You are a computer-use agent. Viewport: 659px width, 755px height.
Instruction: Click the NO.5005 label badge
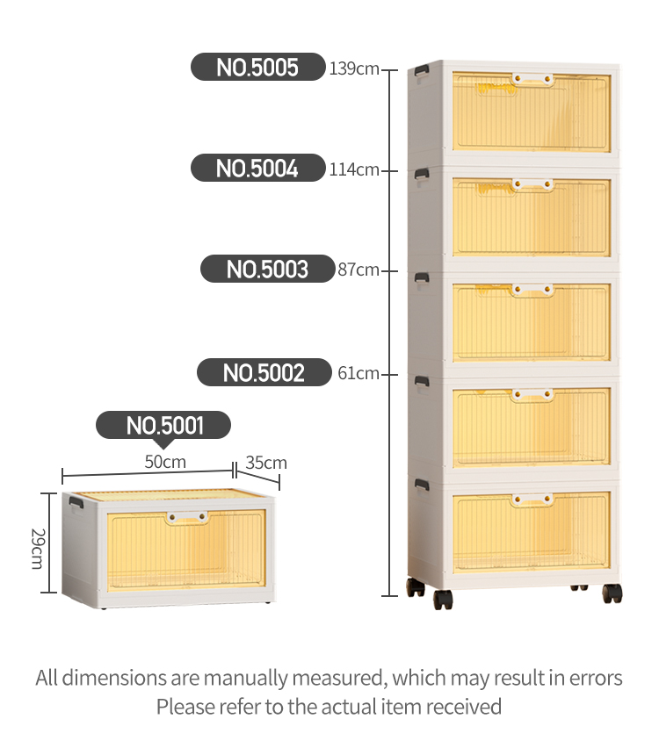[x=258, y=68]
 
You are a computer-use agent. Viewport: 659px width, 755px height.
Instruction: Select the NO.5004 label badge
[x=258, y=169]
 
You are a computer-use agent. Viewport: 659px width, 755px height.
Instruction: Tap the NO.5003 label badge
[x=268, y=270]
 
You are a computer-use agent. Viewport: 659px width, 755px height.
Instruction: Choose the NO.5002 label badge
[x=264, y=373]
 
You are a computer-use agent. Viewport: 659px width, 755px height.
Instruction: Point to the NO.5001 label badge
[x=163, y=426]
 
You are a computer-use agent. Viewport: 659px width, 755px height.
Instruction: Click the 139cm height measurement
[x=354, y=68]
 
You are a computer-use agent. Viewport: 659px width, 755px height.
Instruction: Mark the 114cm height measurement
[x=354, y=169]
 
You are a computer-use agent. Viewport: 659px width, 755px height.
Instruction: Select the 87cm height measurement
[x=358, y=270]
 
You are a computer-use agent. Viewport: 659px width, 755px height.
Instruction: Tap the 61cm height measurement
[x=358, y=373]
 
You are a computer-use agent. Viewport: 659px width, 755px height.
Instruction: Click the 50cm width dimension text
[x=165, y=462]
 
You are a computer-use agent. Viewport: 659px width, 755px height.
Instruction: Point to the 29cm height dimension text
[x=37, y=548]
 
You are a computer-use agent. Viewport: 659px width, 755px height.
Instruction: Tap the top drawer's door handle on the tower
[x=533, y=80]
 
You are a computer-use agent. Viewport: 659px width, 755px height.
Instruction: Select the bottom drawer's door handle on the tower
[x=533, y=500]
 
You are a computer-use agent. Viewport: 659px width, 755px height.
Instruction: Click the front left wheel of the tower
[x=443, y=600]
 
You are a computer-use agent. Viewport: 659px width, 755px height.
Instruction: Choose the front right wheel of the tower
[x=612, y=593]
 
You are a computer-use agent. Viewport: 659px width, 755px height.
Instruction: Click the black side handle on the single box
[x=76, y=502]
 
